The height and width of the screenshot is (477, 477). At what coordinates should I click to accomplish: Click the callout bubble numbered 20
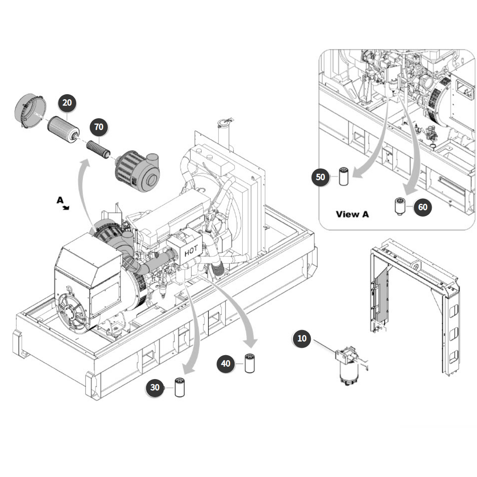click(x=67, y=102)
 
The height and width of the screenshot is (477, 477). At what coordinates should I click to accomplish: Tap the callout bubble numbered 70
click(x=99, y=127)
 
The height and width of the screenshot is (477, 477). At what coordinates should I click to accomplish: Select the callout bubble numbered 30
click(x=155, y=387)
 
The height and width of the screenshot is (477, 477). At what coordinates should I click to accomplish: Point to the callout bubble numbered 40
click(x=226, y=363)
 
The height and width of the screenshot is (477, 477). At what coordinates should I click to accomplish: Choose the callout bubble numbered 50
click(x=320, y=177)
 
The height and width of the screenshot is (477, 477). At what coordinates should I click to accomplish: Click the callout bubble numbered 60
click(x=423, y=207)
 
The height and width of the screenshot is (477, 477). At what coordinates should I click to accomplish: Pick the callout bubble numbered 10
click(x=302, y=338)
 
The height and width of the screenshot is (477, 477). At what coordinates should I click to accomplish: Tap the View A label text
click(x=352, y=214)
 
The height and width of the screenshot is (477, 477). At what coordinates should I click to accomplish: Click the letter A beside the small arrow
click(x=60, y=200)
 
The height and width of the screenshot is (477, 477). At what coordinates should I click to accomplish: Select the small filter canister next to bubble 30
click(x=179, y=387)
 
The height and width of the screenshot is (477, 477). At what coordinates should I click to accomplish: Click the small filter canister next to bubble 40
click(x=249, y=363)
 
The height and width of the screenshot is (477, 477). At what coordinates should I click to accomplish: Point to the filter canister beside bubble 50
click(x=344, y=176)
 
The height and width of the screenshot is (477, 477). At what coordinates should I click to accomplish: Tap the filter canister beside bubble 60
click(x=400, y=207)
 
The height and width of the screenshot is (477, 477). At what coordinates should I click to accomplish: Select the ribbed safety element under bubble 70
click(x=98, y=149)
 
